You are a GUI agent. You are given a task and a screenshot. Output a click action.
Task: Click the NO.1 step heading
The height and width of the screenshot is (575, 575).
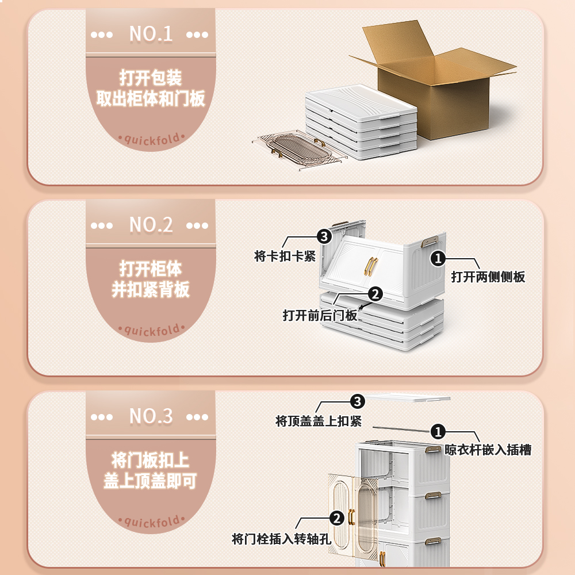click(x=151, y=34)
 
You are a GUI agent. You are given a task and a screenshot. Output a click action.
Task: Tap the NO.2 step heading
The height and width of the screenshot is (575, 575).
click(x=151, y=225)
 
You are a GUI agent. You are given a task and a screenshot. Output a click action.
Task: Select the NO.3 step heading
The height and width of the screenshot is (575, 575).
click(x=151, y=416)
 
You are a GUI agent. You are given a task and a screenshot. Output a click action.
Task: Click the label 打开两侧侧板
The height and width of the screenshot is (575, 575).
click(x=488, y=277)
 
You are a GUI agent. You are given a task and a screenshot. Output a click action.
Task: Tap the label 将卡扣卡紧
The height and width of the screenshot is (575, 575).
click(x=285, y=256)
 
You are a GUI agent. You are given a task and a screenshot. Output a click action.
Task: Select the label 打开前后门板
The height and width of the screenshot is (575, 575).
click(x=320, y=315)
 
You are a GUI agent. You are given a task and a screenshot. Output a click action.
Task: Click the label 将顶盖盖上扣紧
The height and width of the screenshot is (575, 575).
click(x=319, y=421)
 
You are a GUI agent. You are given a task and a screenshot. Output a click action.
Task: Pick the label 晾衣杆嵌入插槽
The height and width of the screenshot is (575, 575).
click(x=488, y=450)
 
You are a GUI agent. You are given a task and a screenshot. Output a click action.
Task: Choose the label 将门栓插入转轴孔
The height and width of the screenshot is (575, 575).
click(x=281, y=539)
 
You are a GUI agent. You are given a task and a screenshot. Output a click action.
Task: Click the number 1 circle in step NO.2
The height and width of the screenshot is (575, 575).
click(x=438, y=259)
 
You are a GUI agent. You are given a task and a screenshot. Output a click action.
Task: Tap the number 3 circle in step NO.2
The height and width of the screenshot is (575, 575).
click(x=324, y=236)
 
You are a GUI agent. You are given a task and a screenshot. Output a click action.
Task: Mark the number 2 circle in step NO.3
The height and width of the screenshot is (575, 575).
click(x=336, y=519)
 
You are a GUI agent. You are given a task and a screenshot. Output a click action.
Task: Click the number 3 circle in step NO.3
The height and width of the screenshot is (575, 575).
click(x=358, y=401)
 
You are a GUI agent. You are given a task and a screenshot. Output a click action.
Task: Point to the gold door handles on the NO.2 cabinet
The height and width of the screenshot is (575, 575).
click(x=371, y=266)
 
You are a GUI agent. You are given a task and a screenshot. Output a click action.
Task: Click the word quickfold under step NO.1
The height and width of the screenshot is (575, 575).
click(x=151, y=139)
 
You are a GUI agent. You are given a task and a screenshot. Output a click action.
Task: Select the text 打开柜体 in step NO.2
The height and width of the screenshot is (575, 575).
click(x=151, y=269)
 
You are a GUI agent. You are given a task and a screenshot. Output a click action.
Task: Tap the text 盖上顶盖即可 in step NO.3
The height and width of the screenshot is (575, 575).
click(x=151, y=481)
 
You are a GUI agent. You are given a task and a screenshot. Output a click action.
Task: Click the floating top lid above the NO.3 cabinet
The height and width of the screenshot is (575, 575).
click(x=408, y=397)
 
